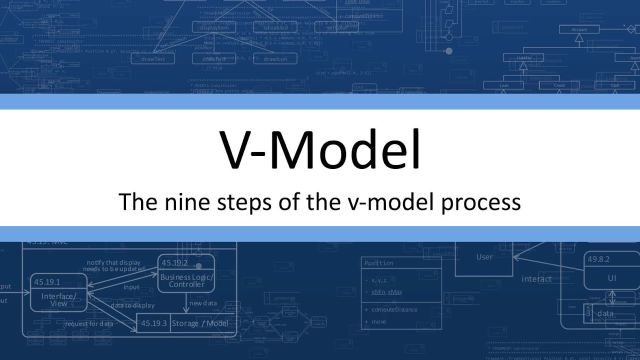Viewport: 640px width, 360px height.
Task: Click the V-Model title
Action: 320,149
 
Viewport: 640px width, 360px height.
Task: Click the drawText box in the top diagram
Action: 153,59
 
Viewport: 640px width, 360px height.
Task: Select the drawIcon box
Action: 275,59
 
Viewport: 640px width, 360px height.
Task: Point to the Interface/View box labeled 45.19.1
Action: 59,292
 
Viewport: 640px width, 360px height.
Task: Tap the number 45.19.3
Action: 153,323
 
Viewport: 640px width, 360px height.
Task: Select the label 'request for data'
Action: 89,323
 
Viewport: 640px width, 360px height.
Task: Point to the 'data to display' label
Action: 132,305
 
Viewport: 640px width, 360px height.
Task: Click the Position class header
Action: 379,263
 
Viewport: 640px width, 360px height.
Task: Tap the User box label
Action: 484,257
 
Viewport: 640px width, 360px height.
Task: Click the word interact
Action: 536,279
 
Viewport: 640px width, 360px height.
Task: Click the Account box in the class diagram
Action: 579,30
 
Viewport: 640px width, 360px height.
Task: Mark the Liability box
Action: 524,58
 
